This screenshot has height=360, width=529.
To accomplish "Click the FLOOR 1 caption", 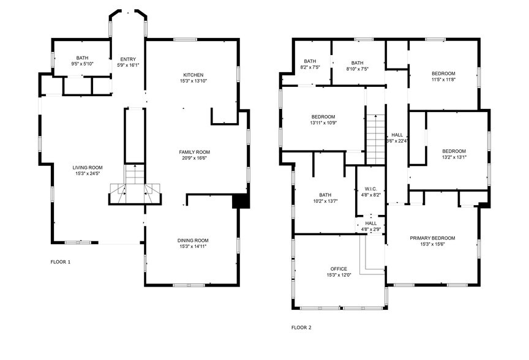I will coord(60,262).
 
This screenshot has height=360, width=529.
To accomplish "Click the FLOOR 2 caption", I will coord(301,328).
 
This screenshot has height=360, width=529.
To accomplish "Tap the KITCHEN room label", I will coord(193,75).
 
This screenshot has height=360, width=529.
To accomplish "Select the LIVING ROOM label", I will coord(88,167).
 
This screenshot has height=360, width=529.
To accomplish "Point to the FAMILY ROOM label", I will coord(194,152).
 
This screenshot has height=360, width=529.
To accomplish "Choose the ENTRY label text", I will coord(127,59).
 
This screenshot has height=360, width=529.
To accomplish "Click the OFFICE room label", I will coord(339,269).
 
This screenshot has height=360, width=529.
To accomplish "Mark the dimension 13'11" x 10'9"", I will coord(323,122).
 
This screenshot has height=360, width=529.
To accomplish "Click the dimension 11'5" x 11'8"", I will coord(444,79).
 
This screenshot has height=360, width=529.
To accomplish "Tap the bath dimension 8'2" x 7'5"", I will coord(309,68).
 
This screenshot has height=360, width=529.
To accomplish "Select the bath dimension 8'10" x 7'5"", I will coord(357,69).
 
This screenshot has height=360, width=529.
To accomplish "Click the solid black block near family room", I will coord(241,201).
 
